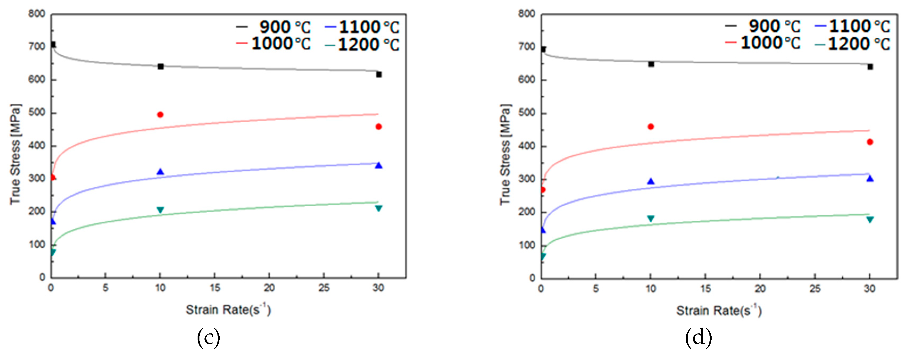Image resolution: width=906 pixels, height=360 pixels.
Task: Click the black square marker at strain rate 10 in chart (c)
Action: coord(161,66)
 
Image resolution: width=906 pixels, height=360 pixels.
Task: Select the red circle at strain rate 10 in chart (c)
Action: coord(160,115)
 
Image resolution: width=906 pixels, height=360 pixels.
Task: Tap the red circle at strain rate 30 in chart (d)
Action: coord(870,142)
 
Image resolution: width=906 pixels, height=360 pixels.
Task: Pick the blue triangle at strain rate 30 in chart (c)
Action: coord(378,165)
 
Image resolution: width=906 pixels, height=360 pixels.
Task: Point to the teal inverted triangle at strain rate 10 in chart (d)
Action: coord(651,219)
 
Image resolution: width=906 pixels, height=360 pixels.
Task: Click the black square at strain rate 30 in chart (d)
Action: coord(870,67)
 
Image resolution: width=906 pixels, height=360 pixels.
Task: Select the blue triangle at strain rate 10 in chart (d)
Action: coord(651,181)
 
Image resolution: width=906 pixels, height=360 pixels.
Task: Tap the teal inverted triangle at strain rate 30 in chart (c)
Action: coord(378,208)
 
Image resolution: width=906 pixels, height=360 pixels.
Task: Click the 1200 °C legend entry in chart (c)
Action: coord(362,45)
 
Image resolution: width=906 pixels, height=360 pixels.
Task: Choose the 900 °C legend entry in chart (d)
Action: coord(763,26)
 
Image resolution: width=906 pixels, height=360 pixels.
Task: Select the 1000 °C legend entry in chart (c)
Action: coord(274,44)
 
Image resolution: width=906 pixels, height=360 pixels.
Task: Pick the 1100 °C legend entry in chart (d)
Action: coord(853,26)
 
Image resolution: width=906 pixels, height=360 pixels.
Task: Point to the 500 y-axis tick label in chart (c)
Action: coord(37,112)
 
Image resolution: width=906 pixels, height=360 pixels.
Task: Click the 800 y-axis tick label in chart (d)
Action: coord(526,14)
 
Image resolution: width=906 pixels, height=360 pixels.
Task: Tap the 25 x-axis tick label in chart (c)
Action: coord(324,288)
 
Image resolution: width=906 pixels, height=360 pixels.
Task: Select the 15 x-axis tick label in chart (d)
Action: coord(705,289)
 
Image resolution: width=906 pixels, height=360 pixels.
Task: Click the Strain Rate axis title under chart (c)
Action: coord(228,310)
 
